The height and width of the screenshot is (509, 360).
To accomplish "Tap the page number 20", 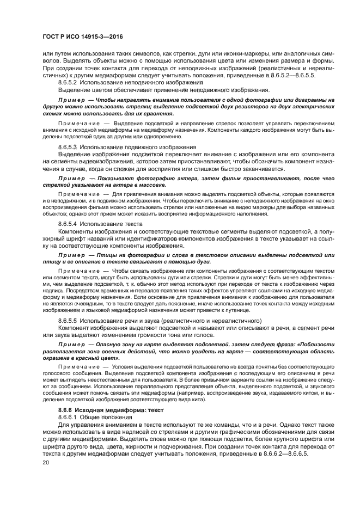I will pyautogui.click(x=46, y=462).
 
